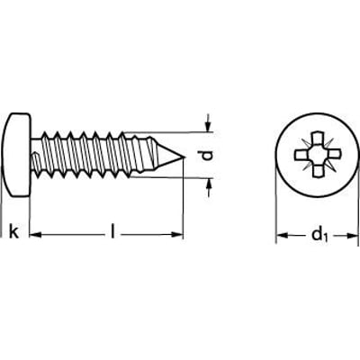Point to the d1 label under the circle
coord(318,236)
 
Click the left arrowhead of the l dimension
coord(36,235)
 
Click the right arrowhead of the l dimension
coord(177,235)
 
